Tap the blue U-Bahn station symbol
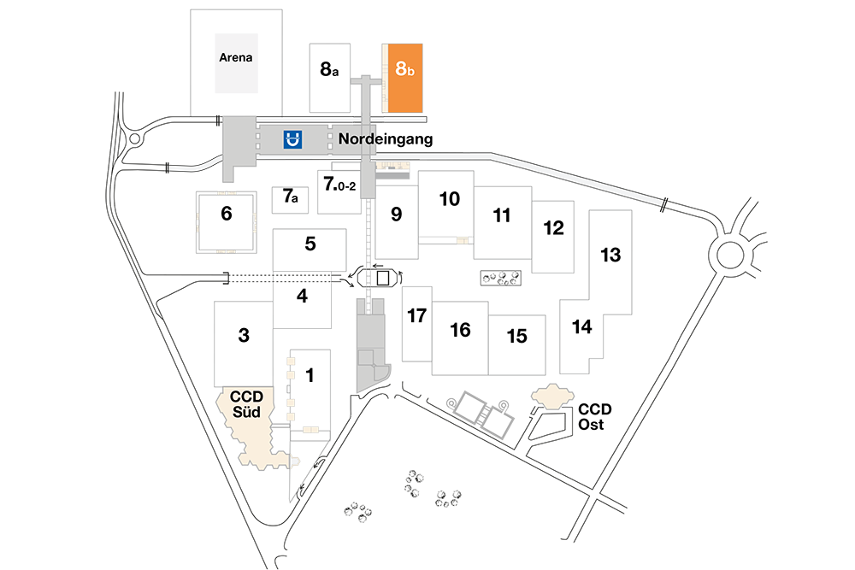pyautogui.click(x=292, y=139)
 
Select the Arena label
pyautogui.click(x=236, y=57)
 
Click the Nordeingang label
pyautogui.click(x=386, y=139)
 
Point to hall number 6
pyautogui.click(x=227, y=213)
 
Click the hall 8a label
pyautogui.click(x=329, y=69)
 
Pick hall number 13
pyautogui.click(x=610, y=255)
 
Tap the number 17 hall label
pyautogui.click(x=416, y=315)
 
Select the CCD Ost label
pyautogui.click(x=594, y=417)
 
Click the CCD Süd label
pyautogui.click(x=246, y=404)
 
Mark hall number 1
pyautogui.click(x=310, y=375)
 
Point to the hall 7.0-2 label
pyautogui.click(x=339, y=184)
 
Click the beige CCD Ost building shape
pyautogui.click(x=552, y=397)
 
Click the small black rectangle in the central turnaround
pyautogui.click(x=383, y=278)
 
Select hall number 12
pyautogui.click(x=553, y=228)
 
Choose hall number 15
pyautogui.click(x=517, y=336)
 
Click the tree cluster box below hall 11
pyautogui.click(x=500, y=278)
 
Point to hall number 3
pyautogui.click(x=244, y=335)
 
